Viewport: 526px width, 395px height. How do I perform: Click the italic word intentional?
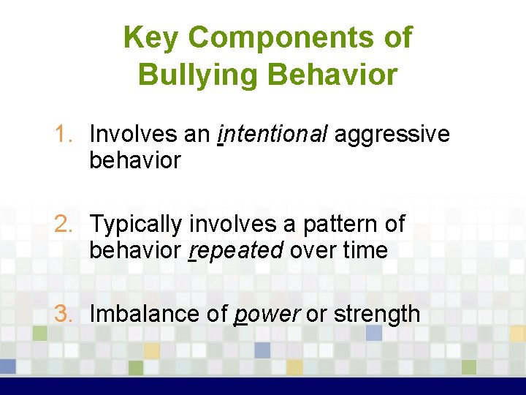(x=272, y=134)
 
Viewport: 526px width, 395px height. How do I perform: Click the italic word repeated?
(x=236, y=251)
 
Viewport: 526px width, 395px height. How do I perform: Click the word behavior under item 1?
(x=134, y=160)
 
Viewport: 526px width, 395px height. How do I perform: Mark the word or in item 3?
(x=316, y=315)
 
